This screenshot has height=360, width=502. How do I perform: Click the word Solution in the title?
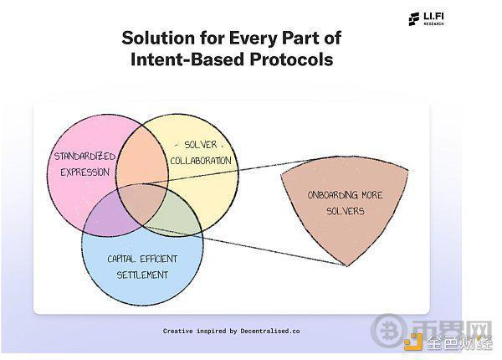[158, 38]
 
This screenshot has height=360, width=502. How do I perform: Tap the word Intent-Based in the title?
[187, 59]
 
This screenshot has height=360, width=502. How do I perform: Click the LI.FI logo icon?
[413, 19]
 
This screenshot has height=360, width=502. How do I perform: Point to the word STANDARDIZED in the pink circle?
[85, 157]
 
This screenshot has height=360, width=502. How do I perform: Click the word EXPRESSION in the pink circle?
[85, 172]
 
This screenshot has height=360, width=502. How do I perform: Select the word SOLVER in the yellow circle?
[201, 145]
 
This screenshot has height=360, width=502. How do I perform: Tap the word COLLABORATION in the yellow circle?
[201, 161]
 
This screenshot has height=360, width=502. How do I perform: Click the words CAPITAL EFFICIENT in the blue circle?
[142, 259]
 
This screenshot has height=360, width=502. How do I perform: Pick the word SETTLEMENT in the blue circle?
[142, 275]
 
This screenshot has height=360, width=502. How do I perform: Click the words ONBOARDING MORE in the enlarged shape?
[345, 195]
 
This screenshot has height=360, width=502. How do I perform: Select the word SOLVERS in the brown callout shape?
[345, 211]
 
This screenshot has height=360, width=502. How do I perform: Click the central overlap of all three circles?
[143, 203]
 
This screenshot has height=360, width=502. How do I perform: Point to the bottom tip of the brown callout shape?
[347, 265]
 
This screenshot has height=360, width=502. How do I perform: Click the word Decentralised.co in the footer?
[270, 331]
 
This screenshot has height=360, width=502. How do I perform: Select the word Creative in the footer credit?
[177, 331]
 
